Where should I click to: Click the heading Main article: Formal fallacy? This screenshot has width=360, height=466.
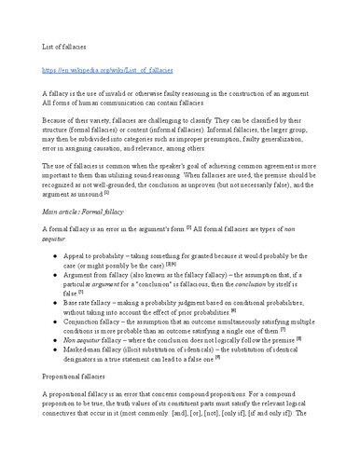pos(90,212)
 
